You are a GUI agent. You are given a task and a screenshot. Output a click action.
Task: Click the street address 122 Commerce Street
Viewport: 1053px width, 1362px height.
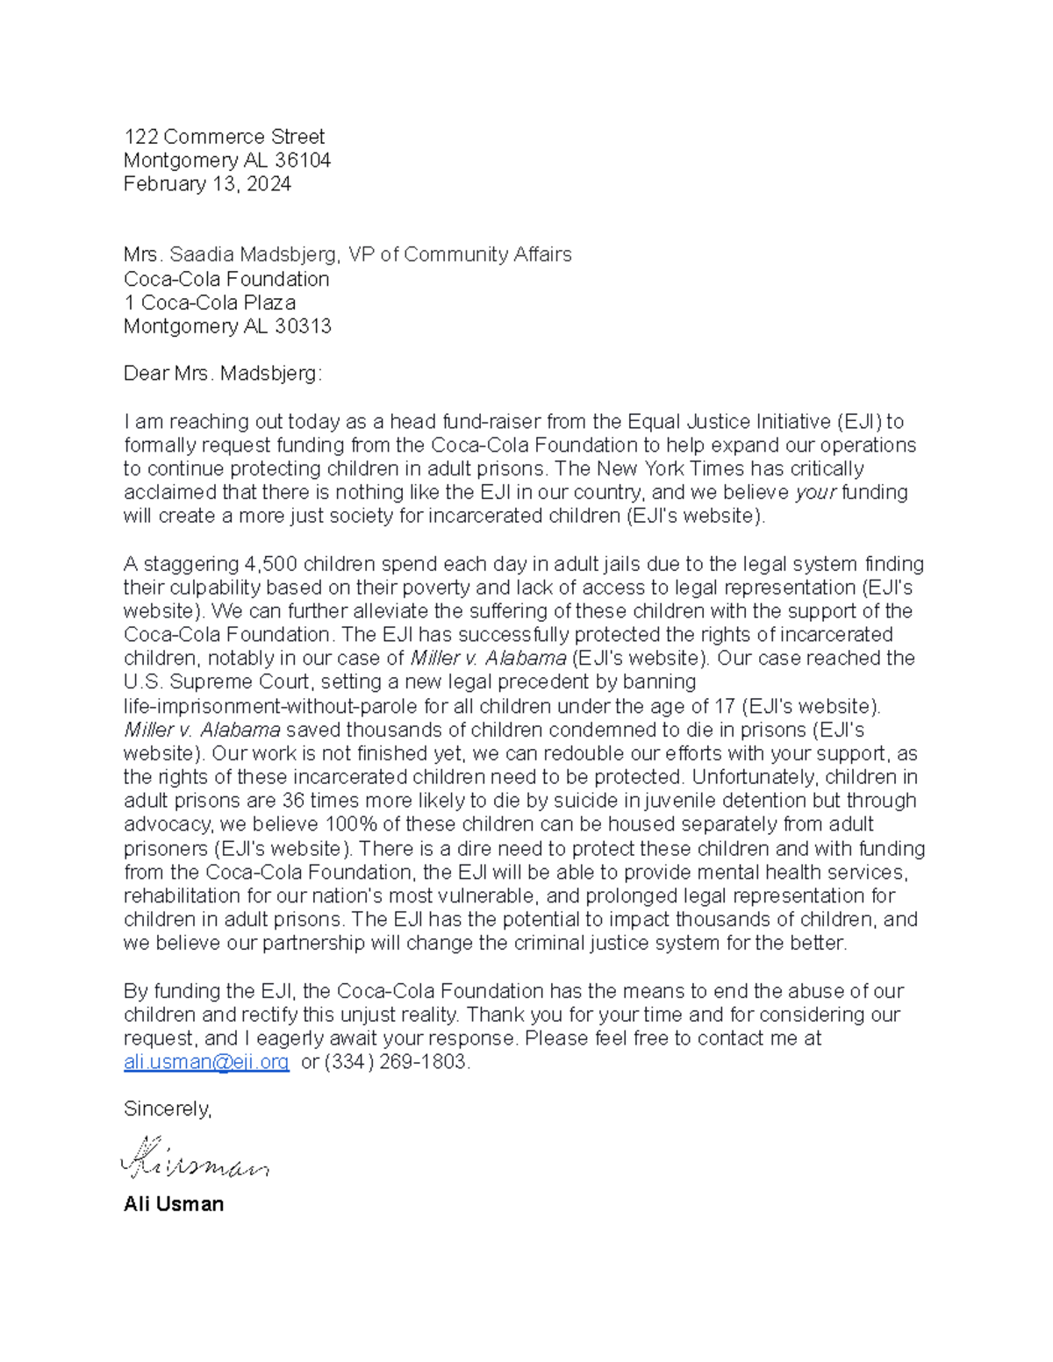pos(224,137)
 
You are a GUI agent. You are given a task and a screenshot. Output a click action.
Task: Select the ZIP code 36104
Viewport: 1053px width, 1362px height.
pos(302,160)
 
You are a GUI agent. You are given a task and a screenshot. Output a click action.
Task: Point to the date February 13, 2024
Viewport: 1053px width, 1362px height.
pos(207,184)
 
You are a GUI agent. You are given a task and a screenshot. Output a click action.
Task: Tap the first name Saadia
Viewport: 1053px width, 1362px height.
pos(202,254)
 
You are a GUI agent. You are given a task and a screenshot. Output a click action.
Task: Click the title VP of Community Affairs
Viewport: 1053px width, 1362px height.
pos(459,254)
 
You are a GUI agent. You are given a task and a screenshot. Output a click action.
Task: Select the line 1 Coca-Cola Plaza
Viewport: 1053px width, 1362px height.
pos(210,303)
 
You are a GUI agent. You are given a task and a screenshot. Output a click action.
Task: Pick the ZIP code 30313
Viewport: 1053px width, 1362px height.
pos(302,326)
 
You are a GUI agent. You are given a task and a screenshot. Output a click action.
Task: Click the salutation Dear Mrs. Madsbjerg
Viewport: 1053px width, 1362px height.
pos(223,374)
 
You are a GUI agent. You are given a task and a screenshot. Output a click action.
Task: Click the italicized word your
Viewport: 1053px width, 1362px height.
pos(815,492)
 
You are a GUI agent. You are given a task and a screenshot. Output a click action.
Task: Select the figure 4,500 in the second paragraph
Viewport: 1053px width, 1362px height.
pos(270,564)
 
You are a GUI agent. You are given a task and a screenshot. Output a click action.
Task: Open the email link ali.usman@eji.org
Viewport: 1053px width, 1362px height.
pos(206,1062)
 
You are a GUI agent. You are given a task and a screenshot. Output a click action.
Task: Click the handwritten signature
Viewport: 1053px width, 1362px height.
pos(194,1159)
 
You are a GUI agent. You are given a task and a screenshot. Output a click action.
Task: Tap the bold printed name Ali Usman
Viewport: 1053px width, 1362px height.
pos(174,1204)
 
